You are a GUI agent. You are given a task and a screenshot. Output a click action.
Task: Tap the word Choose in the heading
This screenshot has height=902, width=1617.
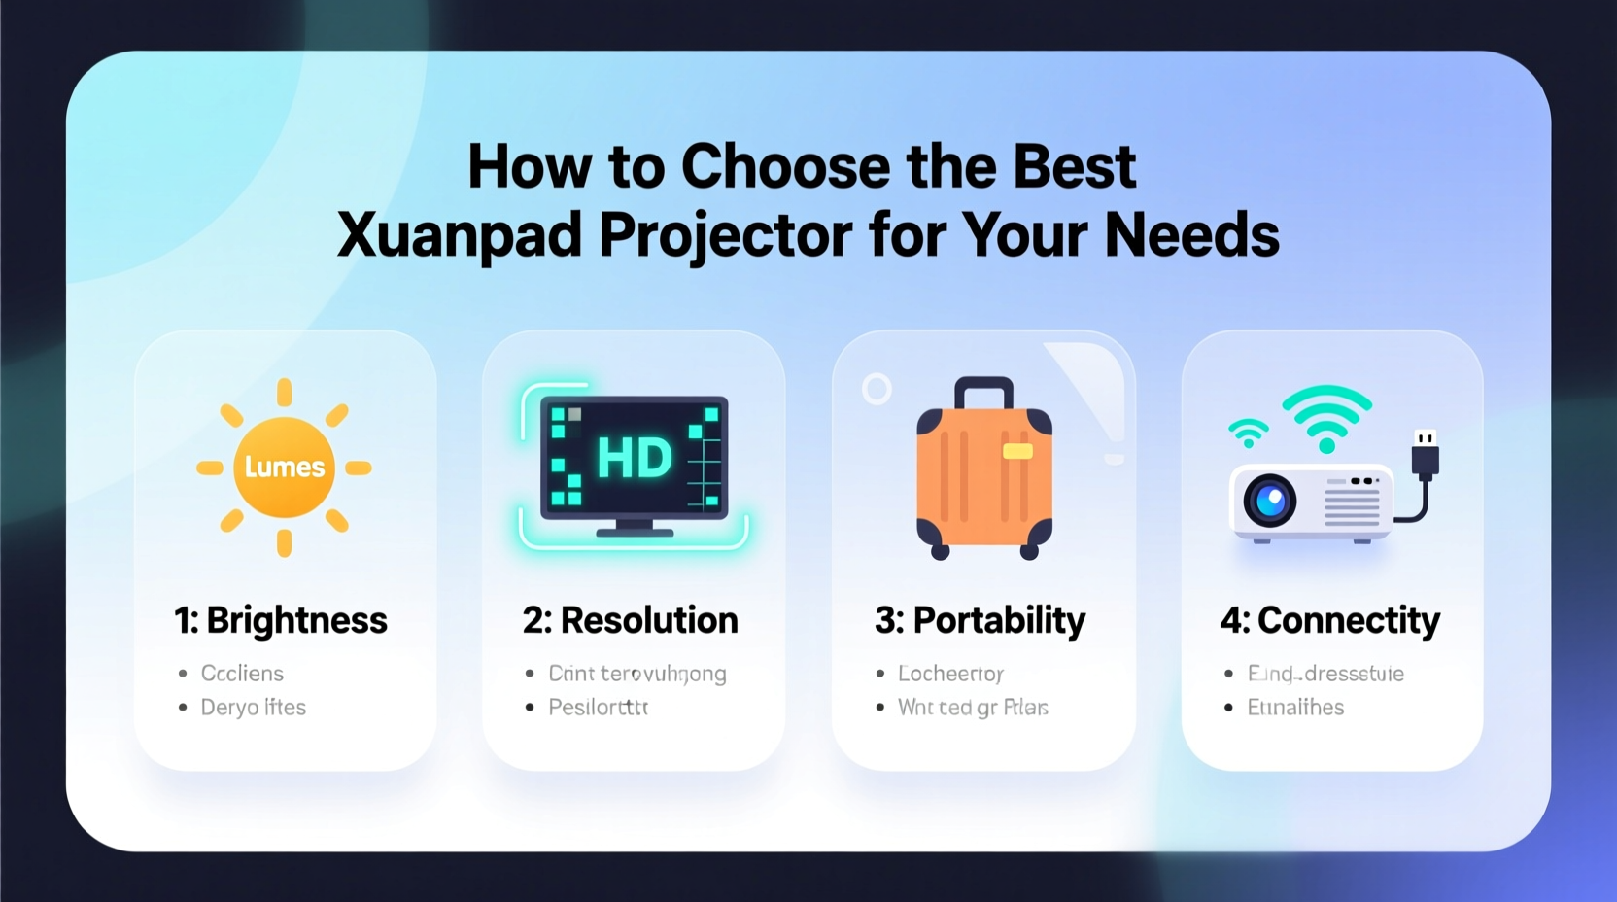tap(785, 166)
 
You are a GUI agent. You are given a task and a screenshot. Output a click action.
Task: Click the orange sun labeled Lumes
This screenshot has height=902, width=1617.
tap(284, 468)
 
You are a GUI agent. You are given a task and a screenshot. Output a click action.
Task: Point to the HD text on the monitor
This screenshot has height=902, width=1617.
tap(634, 458)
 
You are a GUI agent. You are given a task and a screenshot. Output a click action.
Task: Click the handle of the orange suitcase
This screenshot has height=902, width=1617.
tap(983, 391)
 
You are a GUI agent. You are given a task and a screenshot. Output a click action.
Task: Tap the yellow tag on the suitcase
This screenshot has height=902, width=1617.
tap(1017, 451)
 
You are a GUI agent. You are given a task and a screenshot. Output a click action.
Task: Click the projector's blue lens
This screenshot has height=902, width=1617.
tap(1270, 502)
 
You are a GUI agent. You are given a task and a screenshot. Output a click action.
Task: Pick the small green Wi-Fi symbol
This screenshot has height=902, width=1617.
tap(1249, 433)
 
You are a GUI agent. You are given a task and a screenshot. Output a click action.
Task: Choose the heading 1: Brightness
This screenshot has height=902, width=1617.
tap(281, 620)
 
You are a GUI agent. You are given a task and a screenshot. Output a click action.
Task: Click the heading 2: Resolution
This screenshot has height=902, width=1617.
tap(631, 620)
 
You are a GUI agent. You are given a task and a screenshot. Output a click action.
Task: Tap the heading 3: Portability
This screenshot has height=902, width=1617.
tap(980, 620)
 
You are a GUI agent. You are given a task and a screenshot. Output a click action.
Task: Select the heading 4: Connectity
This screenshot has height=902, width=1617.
tap(1329, 620)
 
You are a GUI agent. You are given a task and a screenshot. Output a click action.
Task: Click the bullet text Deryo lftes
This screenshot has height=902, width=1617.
tap(253, 708)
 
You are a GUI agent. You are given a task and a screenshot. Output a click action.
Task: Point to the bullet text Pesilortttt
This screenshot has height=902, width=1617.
tap(598, 708)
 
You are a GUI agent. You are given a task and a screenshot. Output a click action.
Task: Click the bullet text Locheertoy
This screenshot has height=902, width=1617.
tap(950, 674)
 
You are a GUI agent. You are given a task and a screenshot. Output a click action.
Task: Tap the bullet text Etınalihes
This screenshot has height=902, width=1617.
tap(1295, 708)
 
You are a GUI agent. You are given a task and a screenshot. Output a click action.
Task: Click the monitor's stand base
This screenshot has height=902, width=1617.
tap(635, 532)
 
